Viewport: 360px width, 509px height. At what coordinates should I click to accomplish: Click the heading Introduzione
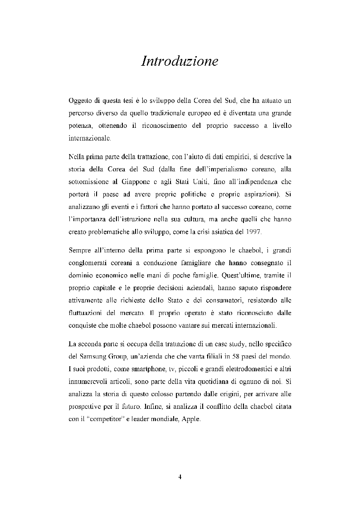click(180, 61)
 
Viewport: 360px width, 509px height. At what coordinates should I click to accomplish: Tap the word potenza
click(80, 127)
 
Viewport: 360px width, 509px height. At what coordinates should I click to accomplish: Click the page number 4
click(180, 476)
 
